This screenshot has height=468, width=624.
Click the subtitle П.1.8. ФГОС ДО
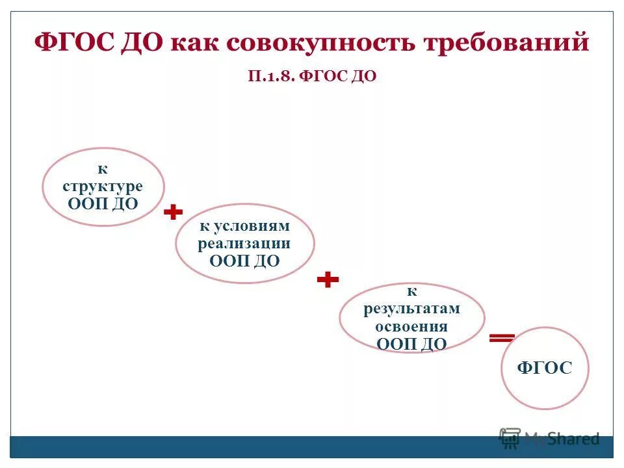coord(312,76)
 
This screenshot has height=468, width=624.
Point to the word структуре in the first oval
coord(103,187)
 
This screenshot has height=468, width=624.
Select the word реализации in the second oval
coord(244,244)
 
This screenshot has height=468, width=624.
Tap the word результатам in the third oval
coord(411,309)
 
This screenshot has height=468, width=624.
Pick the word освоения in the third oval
coord(411,326)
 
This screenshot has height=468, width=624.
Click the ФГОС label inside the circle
coord(545,369)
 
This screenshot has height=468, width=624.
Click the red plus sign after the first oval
coord(173,213)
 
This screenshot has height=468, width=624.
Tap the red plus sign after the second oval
coord(328,280)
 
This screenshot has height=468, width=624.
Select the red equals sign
coord(502,337)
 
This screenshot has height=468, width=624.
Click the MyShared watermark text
coord(562,439)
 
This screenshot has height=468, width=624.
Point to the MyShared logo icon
coord(510,437)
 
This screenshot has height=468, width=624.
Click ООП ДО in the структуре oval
coord(103,203)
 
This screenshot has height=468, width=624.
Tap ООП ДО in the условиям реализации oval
coord(244,261)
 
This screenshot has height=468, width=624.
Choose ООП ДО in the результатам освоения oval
coord(411,344)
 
